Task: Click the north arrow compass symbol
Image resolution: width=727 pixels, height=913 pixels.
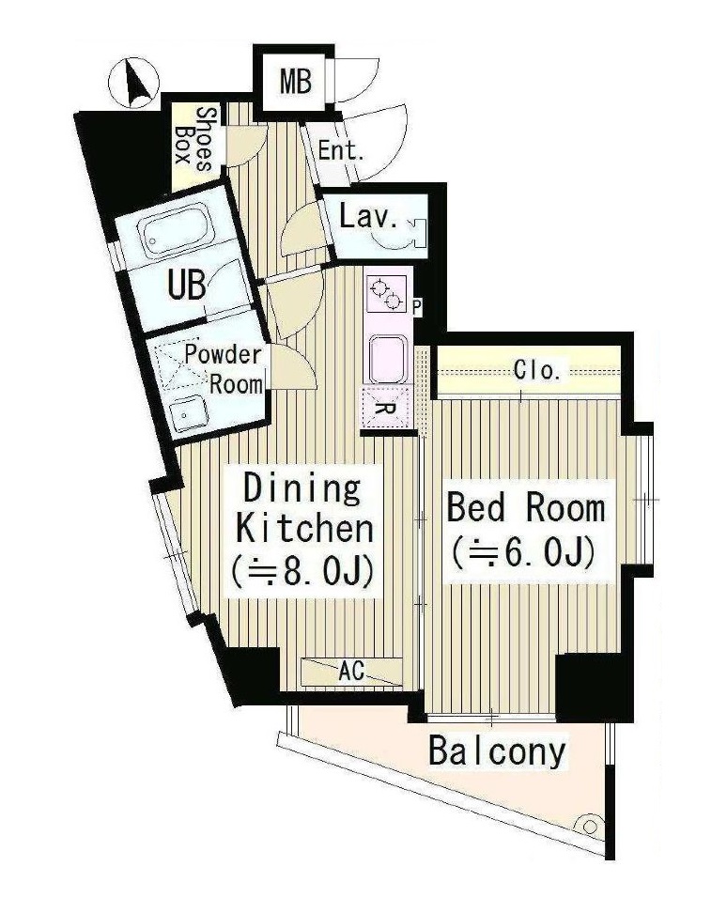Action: pyautogui.click(x=132, y=82)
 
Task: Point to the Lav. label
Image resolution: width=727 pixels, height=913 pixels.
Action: pyautogui.click(x=368, y=219)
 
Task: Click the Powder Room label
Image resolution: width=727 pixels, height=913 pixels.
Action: pyautogui.click(x=225, y=369)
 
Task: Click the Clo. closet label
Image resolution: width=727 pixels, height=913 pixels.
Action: pyautogui.click(x=537, y=369)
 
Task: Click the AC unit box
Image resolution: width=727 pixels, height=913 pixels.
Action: pyautogui.click(x=351, y=672)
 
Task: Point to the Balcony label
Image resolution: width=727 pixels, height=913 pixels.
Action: pyautogui.click(x=497, y=751)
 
